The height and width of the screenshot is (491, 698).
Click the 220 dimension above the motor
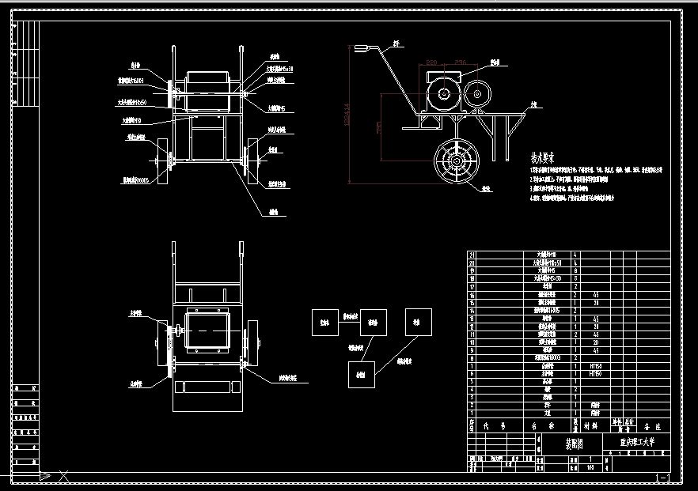[x=431, y=62]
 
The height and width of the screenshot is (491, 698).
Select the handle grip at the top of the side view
[x=363, y=49]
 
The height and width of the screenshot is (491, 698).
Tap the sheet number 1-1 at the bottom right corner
[x=664, y=478]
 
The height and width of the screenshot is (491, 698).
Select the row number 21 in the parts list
[x=472, y=255]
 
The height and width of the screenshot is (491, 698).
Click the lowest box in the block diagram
[x=361, y=373]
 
